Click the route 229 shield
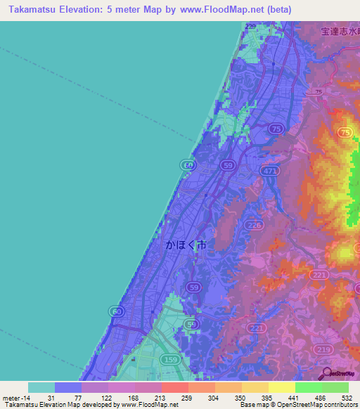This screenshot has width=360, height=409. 251,26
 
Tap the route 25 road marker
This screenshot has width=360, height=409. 319,93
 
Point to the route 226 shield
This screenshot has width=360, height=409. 255,225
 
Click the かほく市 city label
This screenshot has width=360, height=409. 186,246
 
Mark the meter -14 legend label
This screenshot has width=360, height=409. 15,398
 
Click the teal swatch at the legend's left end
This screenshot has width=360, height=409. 41,387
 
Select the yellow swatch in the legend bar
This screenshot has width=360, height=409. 282,387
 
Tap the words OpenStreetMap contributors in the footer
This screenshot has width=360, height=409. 319,405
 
